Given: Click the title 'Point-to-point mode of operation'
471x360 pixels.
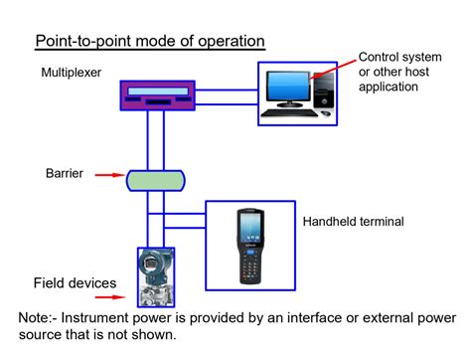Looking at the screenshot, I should point(150,42).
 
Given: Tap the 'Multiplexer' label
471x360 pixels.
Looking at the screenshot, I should point(72,74).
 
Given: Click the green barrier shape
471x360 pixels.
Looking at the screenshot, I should point(156,180).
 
